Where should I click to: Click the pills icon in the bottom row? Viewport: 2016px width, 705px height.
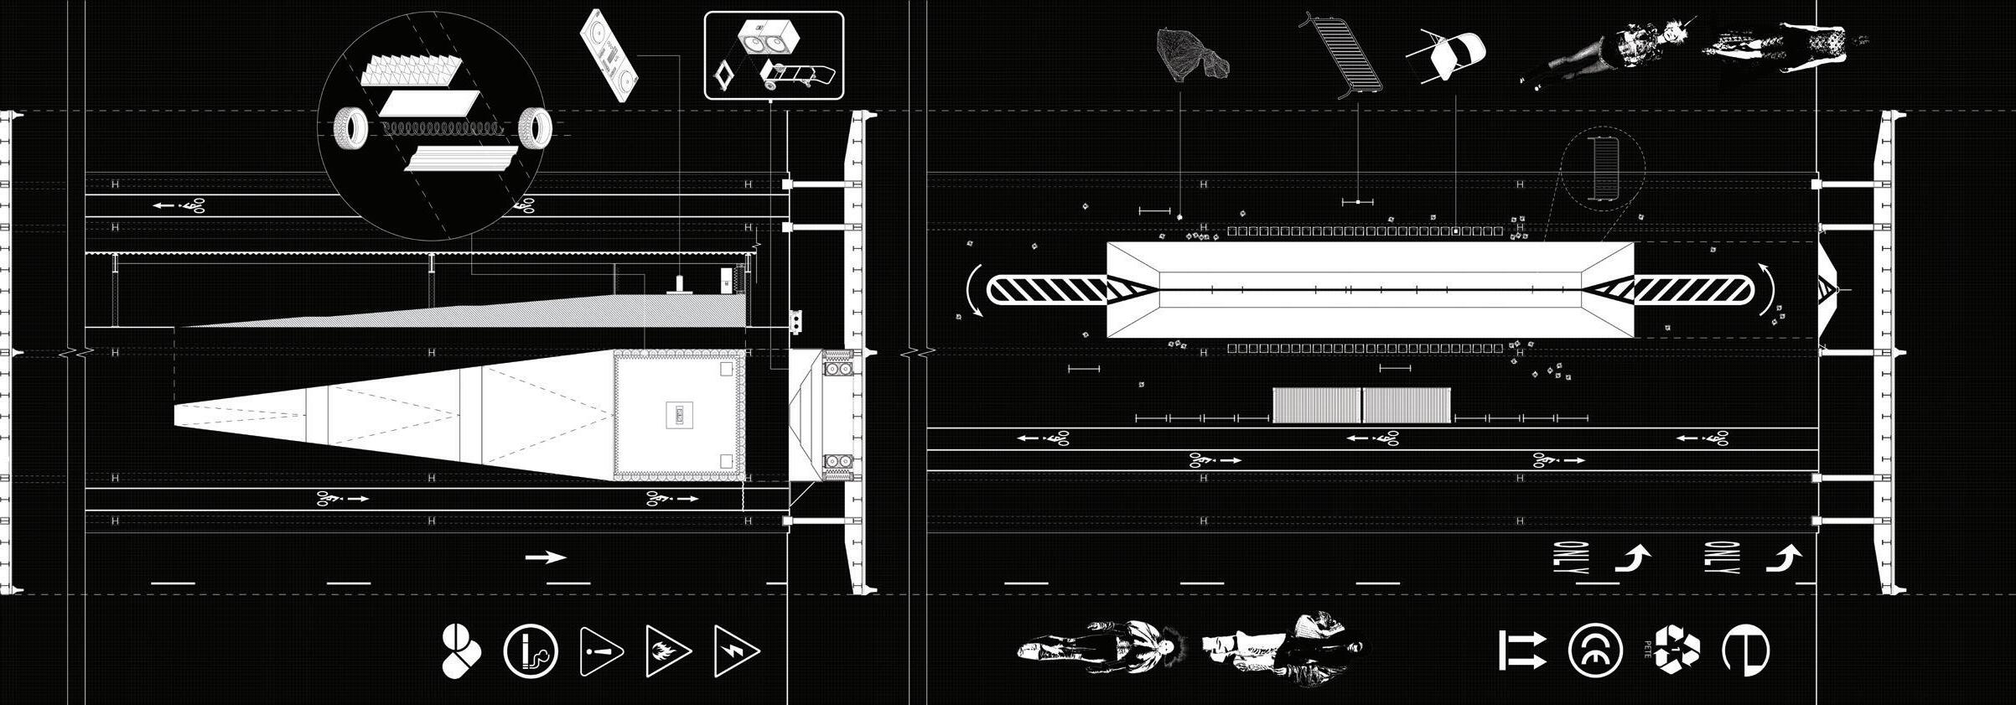460,651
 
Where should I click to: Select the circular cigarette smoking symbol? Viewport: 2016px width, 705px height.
531,651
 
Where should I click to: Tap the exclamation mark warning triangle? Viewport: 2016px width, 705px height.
599,651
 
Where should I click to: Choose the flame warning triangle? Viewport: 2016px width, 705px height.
667,651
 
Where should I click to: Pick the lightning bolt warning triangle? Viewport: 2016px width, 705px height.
735,651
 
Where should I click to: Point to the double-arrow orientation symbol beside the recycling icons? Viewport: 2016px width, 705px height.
1521,651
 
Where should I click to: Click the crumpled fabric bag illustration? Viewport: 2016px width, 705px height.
1191,55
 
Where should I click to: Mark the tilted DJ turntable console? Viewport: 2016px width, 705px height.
610,55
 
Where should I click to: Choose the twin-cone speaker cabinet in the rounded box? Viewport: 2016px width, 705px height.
766,39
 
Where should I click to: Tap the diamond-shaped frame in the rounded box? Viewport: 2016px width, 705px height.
723,77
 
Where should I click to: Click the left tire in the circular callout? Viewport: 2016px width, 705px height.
351,128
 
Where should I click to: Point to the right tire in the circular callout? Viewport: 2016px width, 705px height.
535,128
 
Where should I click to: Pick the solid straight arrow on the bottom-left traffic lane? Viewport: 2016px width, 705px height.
546,557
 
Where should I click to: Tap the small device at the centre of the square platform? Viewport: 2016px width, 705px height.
678,414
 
